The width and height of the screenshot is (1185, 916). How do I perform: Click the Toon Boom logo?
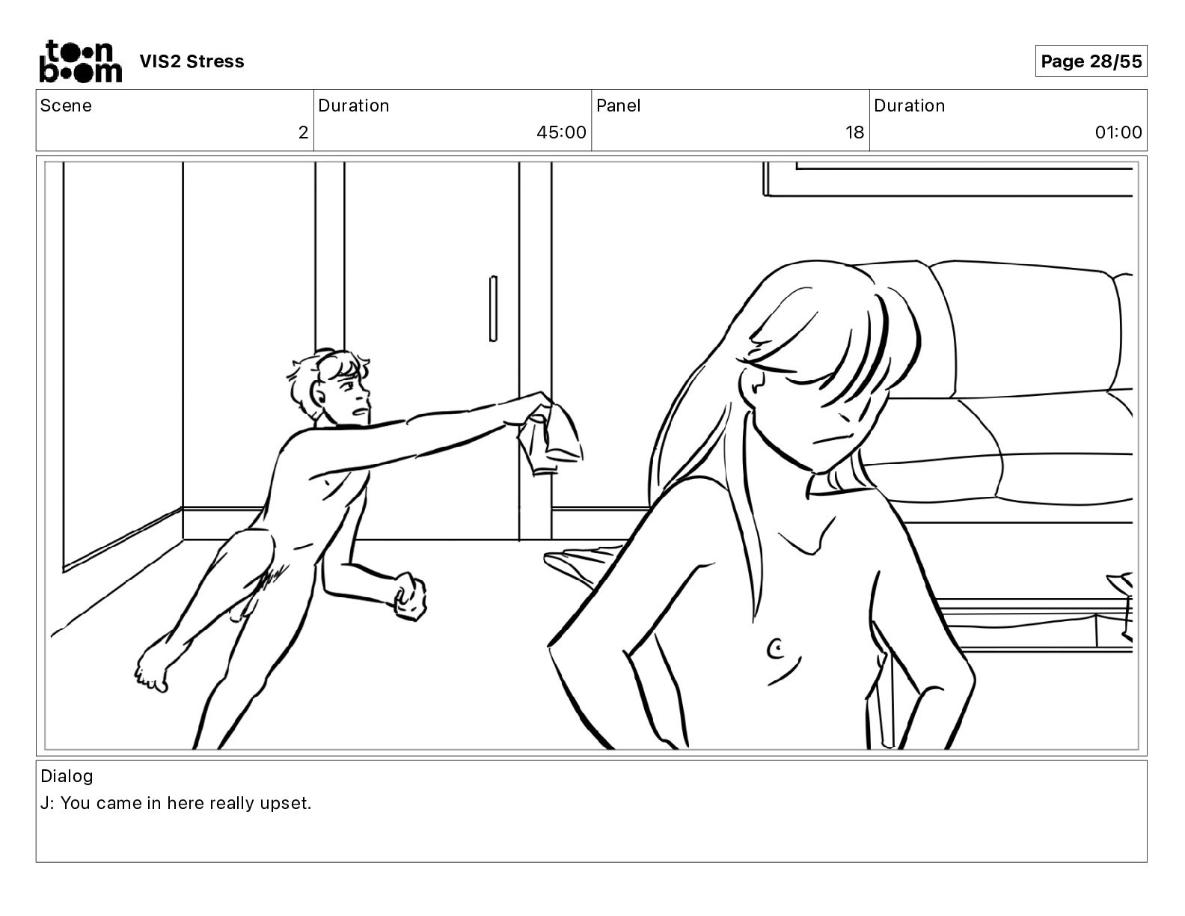tap(81, 61)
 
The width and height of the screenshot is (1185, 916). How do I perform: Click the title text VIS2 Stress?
tap(192, 61)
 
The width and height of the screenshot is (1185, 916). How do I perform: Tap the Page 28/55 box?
tap(1091, 61)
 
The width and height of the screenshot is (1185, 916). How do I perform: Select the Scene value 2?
tap(303, 132)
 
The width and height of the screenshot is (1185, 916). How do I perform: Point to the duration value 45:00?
tap(561, 132)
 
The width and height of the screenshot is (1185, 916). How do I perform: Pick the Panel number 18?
tap(854, 132)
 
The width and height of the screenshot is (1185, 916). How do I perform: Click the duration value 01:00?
tap(1118, 132)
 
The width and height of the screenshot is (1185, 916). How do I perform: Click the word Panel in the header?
tap(619, 106)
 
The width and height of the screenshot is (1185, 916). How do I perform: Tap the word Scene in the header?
tap(66, 106)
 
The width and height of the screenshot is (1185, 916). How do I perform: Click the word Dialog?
tap(67, 776)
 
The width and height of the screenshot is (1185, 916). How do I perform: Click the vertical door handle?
tap(493, 309)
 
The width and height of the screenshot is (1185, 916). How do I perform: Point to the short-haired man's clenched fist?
tap(410, 596)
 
